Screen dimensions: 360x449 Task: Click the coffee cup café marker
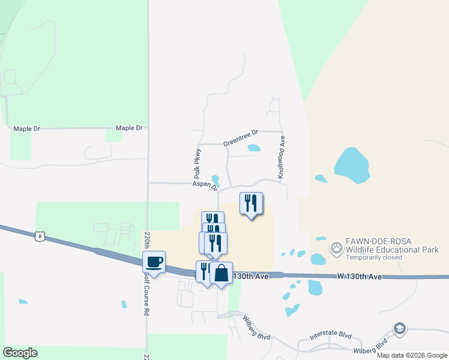click(154, 262)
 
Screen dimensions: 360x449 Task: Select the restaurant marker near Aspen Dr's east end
click(251, 203)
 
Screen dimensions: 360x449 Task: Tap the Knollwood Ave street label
click(281, 155)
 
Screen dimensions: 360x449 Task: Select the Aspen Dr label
click(204, 185)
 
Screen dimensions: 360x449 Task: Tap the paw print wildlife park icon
click(337, 247)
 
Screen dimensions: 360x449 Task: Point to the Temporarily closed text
click(374, 258)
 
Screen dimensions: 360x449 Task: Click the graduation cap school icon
click(400, 329)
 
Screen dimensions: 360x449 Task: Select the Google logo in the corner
click(20, 353)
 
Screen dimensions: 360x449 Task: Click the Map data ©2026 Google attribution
click(411, 355)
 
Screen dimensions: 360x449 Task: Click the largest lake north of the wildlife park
click(352, 166)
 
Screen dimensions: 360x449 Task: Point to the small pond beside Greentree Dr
click(254, 148)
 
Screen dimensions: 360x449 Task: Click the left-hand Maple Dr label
click(27, 128)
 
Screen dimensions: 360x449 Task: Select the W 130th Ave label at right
click(360, 277)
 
